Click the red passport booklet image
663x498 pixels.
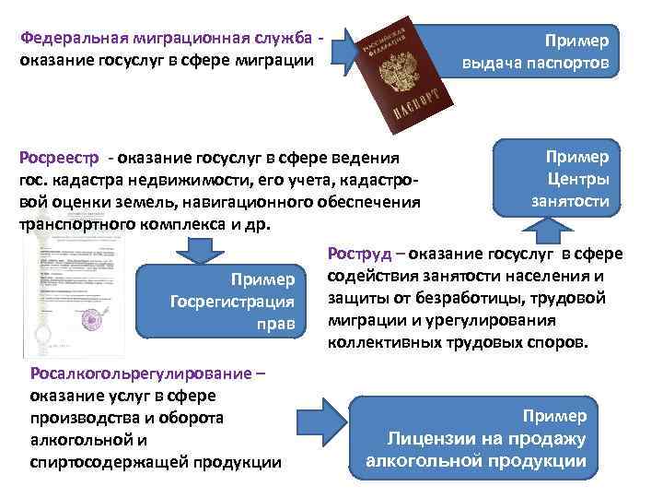tap(406, 74)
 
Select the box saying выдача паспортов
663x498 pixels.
tap(541, 53)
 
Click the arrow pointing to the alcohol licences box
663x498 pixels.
tap(326, 413)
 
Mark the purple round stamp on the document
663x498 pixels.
tap(95, 318)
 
